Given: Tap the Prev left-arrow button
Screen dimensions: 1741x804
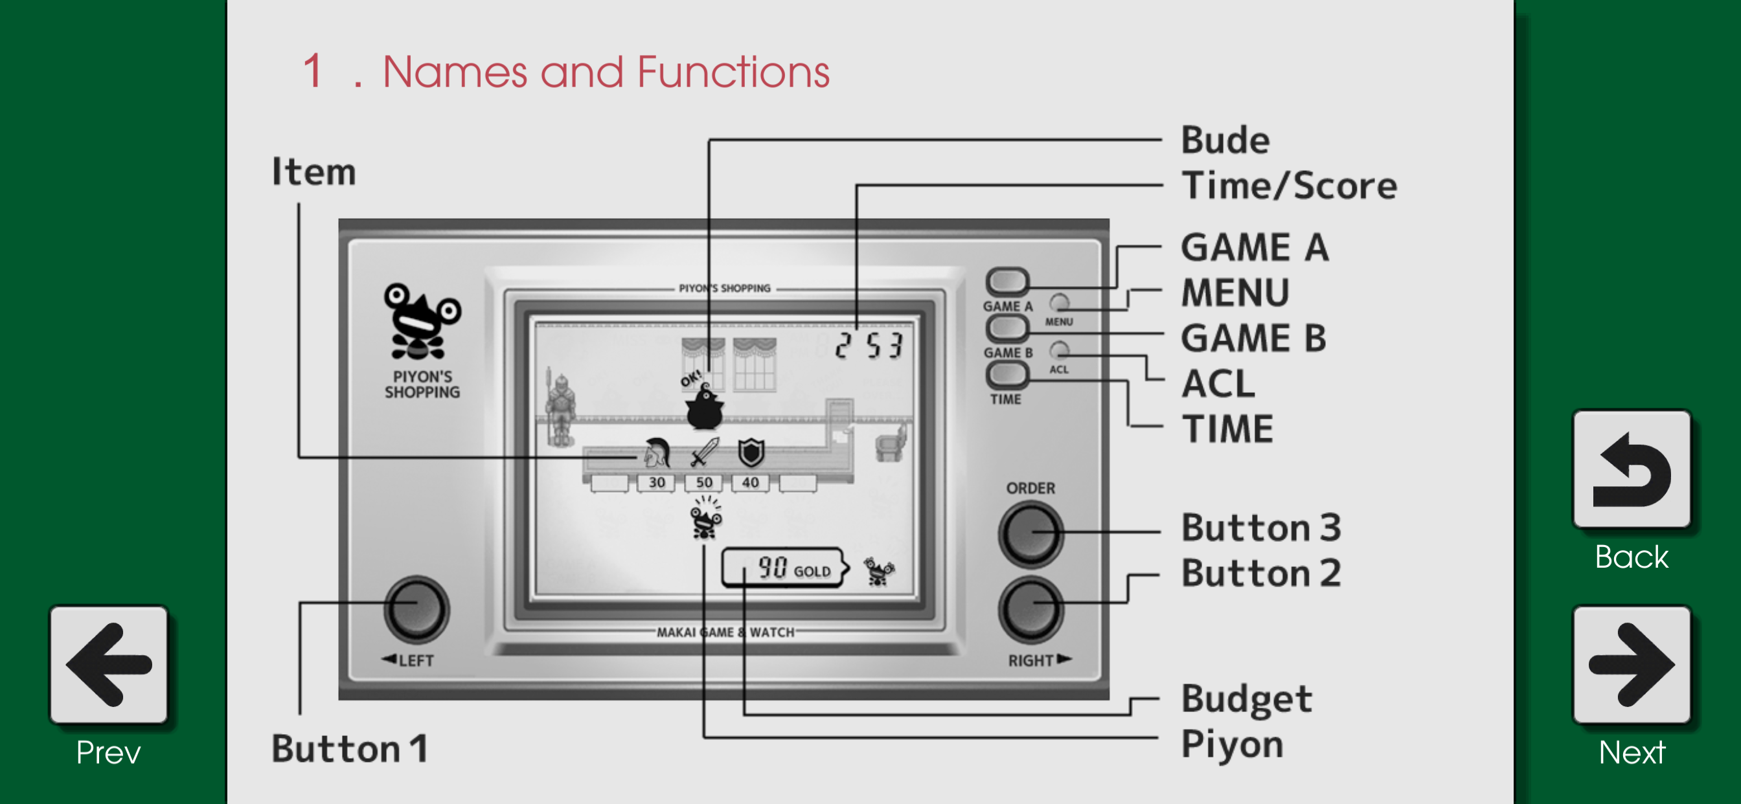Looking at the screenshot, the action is coord(108,664).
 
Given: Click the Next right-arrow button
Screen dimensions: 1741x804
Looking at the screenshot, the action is coord(1632,664).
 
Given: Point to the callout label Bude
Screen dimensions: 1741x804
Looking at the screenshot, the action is coord(1225,140).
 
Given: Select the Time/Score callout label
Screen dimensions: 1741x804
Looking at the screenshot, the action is coord(1289,185).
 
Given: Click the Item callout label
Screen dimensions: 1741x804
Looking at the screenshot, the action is coord(313,171).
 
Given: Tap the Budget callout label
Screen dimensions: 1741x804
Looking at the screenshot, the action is coord(1247,698).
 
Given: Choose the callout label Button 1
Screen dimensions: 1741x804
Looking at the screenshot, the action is coord(349,748).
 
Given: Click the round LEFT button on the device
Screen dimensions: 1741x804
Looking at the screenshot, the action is coord(416,609).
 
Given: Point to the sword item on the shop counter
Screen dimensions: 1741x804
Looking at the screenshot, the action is coord(704,452).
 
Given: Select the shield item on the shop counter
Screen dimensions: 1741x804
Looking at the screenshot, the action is coord(751,452).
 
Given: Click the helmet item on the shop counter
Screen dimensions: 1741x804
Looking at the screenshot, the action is coord(657,452).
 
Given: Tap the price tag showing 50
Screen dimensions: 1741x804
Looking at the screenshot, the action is coord(703,483).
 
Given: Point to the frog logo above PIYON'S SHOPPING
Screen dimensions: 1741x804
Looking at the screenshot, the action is coord(422,321).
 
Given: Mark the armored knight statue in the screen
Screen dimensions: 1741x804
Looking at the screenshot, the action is coord(560,407).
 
